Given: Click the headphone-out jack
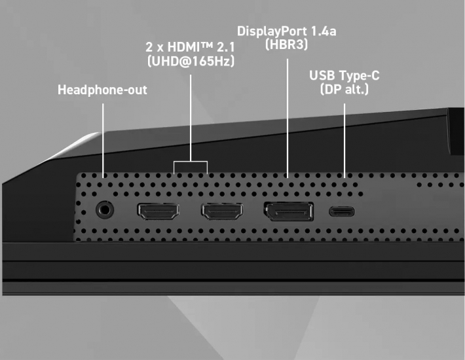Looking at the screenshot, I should [104, 210].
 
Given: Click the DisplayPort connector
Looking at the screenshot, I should [288, 211].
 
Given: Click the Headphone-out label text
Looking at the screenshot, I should [102, 90].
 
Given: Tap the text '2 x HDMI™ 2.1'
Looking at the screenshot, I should [191, 47].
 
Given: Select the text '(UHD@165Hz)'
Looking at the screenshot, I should [191, 62].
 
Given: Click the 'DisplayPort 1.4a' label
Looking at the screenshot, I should [287, 31].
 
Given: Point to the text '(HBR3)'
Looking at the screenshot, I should [287, 45].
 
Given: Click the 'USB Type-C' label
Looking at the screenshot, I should [344, 76].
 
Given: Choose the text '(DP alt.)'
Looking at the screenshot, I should [344, 90].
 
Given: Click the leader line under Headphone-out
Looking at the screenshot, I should [104, 137].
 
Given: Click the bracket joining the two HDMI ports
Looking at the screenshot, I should [191, 161].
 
